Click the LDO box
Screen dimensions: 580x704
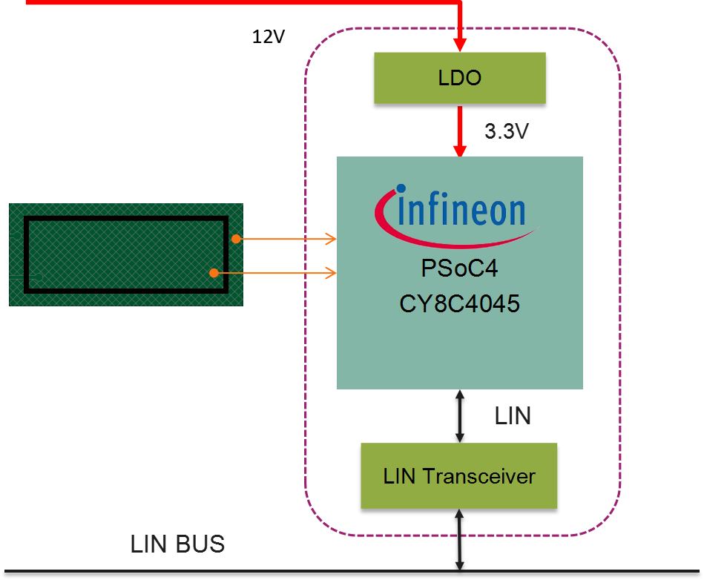pyautogui.click(x=459, y=77)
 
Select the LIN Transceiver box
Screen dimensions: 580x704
pyautogui.click(x=458, y=475)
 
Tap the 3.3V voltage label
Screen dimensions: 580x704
pyautogui.click(x=507, y=131)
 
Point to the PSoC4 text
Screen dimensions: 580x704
pyautogui.click(x=459, y=267)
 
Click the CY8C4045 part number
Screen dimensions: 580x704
pyautogui.click(x=459, y=304)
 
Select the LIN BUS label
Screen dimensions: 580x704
pyautogui.click(x=177, y=544)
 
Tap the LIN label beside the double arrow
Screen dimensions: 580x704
pyautogui.click(x=513, y=416)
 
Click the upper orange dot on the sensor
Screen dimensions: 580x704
pyautogui.click(x=235, y=239)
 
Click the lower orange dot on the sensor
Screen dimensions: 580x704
pyautogui.click(x=214, y=274)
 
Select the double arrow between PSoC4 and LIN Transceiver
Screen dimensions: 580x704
pyautogui.click(x=460, y=416)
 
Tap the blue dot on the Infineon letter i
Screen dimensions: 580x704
pyautogui.click(x=401, y=190)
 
